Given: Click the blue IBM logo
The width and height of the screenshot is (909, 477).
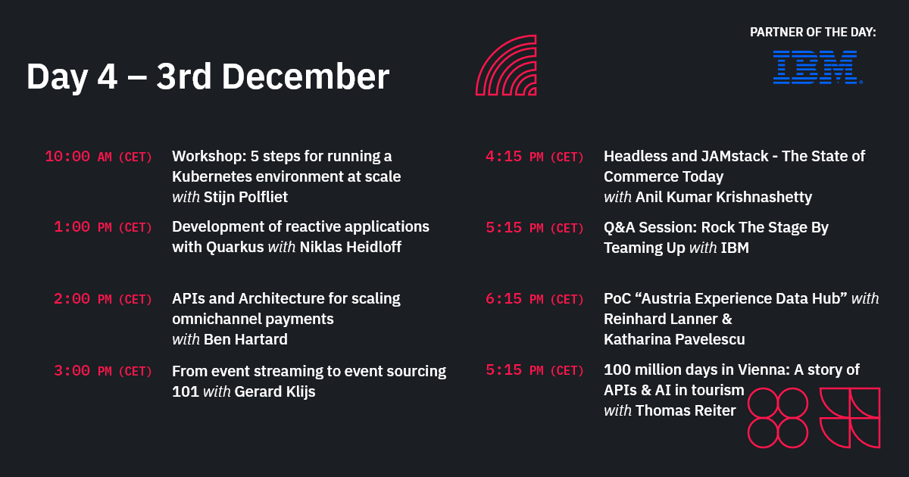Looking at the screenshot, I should [x=817, y=67].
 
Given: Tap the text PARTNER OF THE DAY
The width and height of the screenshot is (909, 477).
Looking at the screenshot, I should [x=813, y=32].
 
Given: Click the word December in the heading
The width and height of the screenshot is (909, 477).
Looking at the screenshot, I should [x=311, y=76].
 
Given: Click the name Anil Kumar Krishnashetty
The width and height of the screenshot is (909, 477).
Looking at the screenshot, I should [x=723, y=197].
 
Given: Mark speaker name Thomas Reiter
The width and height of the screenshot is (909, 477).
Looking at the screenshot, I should [x=686, y=410].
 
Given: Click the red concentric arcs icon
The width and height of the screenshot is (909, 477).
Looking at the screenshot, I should [x=506, y=65].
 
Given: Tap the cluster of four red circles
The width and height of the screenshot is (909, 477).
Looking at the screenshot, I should [x=777, y=417].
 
